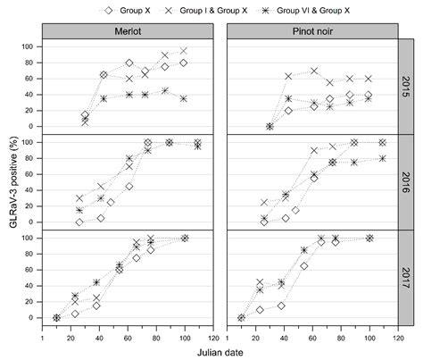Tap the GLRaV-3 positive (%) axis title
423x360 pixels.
pyautogui.click(x=11, y=181)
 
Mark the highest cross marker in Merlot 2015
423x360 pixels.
pyautogui.click(x=185, y=51)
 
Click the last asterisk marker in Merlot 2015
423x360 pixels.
pyautogui.click(x=185, y=98)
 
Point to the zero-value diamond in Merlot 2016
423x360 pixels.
pyautogui.click(x=79, y=222)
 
